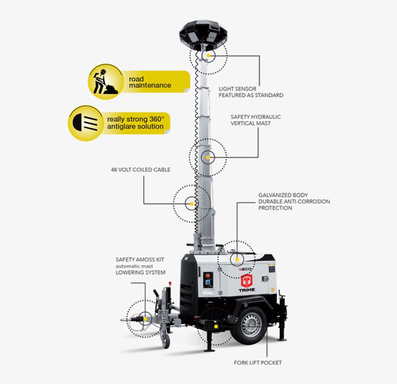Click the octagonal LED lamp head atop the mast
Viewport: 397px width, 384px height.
[x=203, y=35]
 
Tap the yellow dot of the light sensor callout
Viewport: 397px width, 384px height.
[x=208, y=55]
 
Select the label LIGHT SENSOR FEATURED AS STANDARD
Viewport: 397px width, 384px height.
[x=251, y=92]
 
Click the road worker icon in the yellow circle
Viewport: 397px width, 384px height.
[x=105, y=81]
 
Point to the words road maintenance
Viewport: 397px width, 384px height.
[x=150, y=82]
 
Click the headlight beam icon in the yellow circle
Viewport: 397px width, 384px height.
[x=85, y=123]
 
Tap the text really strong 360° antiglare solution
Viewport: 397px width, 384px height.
[x=136, y=123]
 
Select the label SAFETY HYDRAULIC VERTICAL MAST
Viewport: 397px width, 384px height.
[x=256, y=120]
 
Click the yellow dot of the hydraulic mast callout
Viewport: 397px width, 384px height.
[x=208, y=158]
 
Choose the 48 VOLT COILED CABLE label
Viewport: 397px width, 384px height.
[x=140, y=170]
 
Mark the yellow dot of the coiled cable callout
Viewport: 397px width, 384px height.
[x=192, y=204]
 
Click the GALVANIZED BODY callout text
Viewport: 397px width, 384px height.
[x=294, y=201]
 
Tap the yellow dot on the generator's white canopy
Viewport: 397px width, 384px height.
[x=237, y=259]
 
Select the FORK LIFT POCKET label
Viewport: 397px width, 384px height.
[x=258, y=363]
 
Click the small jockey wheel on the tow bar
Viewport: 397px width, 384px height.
[x=165, y=341]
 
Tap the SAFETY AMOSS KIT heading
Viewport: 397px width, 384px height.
[x=140, y=259]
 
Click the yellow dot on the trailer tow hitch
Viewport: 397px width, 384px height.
[x=145, y=319]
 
